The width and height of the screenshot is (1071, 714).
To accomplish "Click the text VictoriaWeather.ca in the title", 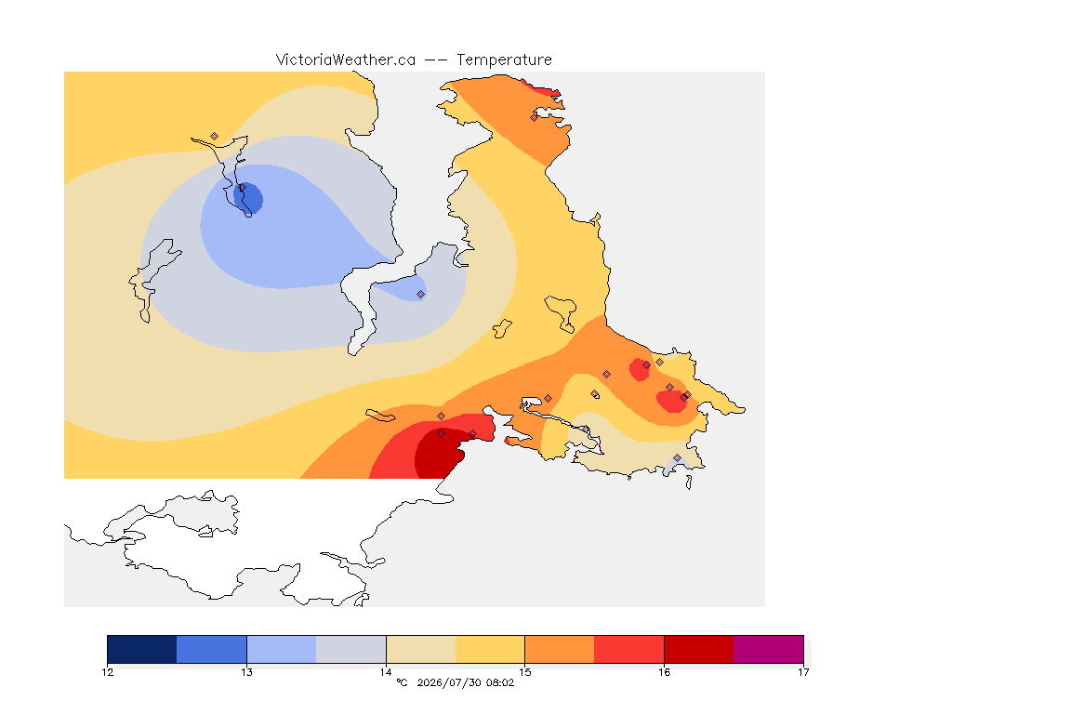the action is tap(346, 60).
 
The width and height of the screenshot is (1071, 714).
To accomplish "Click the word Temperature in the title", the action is tap(504, 60).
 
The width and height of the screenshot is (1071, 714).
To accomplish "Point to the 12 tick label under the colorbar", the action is tap(107, 672).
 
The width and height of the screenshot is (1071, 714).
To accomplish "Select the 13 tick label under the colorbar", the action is tap(246, 672).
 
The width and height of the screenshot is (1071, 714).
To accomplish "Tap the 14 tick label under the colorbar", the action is tap(386, 672).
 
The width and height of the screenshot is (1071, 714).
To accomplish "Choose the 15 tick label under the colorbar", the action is tap(524, 672).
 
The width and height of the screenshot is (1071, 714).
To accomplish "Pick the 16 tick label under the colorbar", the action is tap(664, 672).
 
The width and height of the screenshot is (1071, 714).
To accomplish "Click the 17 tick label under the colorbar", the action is tap(803, 672).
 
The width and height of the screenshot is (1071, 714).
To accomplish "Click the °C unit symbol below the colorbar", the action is tap(402, 682).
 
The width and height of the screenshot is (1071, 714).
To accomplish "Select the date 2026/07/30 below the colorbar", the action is tap(448, 682).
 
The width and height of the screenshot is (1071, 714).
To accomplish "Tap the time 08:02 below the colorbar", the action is tap(499, 682).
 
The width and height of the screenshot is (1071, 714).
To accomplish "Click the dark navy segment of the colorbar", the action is tap(142, 649).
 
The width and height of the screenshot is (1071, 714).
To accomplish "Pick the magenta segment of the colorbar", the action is tap(769, 649).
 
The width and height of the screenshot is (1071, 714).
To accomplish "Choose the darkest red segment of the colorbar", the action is tap(699, 649).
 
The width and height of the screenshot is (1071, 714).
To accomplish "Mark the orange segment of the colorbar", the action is tap(560, 649).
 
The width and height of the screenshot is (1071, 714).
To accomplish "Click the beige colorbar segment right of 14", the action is tap(421, 649).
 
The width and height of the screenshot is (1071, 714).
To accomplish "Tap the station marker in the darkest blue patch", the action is tap(242, 187).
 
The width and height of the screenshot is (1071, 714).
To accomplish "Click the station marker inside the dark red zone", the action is tap(442, 434).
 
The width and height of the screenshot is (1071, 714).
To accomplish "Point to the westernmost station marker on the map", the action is tap(215, 137).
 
